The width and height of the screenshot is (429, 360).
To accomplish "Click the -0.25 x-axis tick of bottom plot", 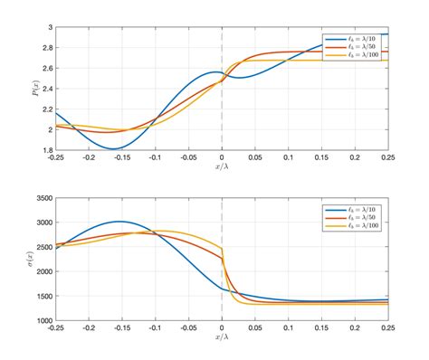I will coord(56,328).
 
